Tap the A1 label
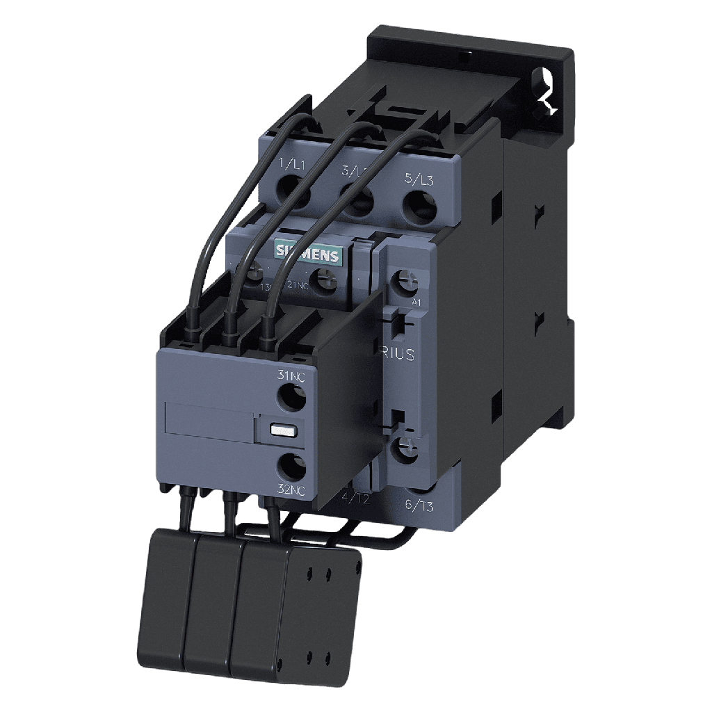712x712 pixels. point(416,302)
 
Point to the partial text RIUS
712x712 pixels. point(398,355)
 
